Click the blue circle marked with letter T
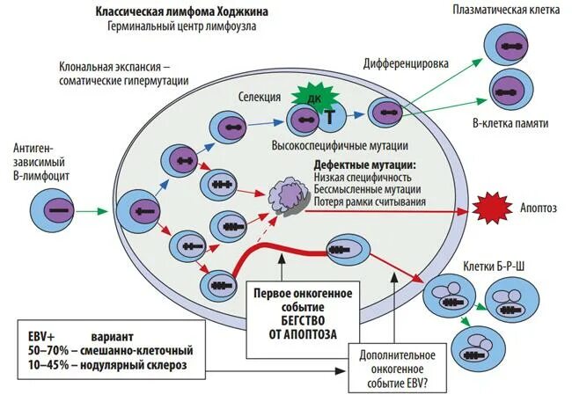click(329, 116)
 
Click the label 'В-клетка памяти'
click(510, 124)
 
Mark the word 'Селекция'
click(260, 97)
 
